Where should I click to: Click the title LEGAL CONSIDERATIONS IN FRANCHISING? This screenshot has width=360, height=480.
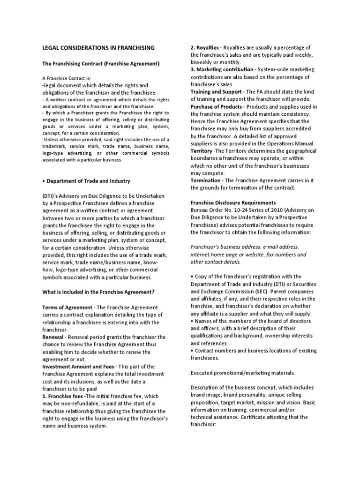tap(98, 48)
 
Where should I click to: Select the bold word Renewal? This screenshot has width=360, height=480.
tap(49, 337)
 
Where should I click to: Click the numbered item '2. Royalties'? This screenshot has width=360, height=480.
tap(205, 48)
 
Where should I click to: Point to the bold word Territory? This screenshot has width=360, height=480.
tap(202, 151)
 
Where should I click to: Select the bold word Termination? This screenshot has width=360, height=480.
tap(205, 180)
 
